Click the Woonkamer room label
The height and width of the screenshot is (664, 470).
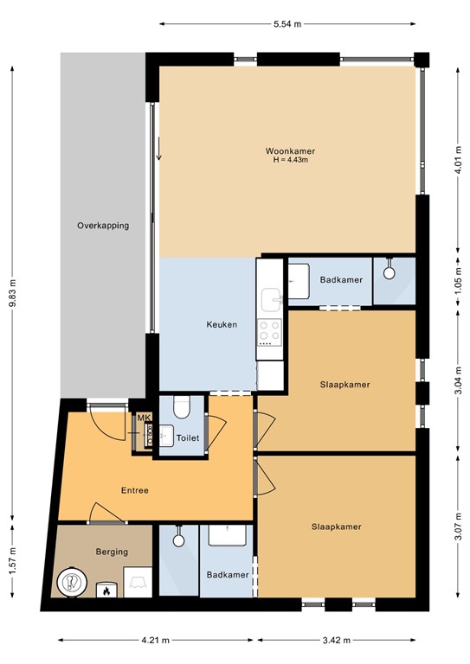[290, 151]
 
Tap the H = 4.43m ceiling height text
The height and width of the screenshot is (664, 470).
[290, 160]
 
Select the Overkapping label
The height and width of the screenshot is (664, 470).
[103, 226]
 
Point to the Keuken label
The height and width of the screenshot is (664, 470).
[222, 325]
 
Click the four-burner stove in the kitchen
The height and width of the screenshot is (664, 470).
[269, 332]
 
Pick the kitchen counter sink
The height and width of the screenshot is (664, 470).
[271, 300]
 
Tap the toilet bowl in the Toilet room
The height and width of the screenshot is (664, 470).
[182, 407]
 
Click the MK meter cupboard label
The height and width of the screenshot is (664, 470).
[144, 418]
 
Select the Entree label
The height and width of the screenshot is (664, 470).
[135, 490]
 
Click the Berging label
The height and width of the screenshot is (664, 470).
[112, 552]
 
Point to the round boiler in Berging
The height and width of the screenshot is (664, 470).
[72, 581]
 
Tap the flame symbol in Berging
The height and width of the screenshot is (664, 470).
[106, 591]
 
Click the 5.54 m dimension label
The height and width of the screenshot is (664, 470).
[287, 24]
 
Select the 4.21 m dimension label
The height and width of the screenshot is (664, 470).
[155, 640]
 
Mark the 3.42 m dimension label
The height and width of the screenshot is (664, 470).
[337, 640]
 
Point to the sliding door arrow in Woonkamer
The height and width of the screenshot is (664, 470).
[159, 149]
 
